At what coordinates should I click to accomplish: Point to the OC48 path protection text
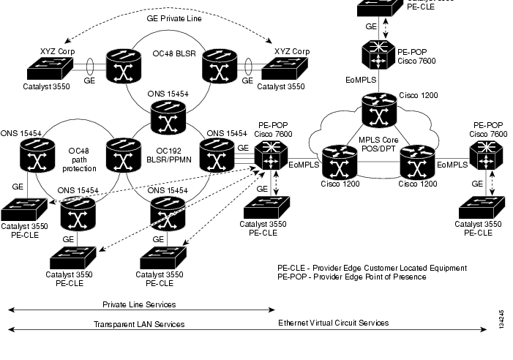pos(79,159)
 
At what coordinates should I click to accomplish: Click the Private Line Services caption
pos(139,304)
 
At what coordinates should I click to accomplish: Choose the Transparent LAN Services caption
pos(139,323)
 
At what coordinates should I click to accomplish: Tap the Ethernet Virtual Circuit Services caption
pos(333,322)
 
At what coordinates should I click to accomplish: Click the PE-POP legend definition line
pos(351,277)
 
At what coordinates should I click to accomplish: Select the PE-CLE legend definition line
pos(372,268)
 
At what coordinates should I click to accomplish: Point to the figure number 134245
pos(501,318)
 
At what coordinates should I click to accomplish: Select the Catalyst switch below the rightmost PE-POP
pos(479,207)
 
